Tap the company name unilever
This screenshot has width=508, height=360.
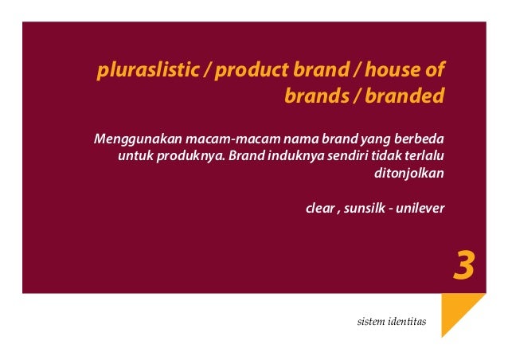point(421,209)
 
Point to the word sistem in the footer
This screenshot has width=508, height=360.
point(373,322)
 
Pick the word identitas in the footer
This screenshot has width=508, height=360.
point(408,322)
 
